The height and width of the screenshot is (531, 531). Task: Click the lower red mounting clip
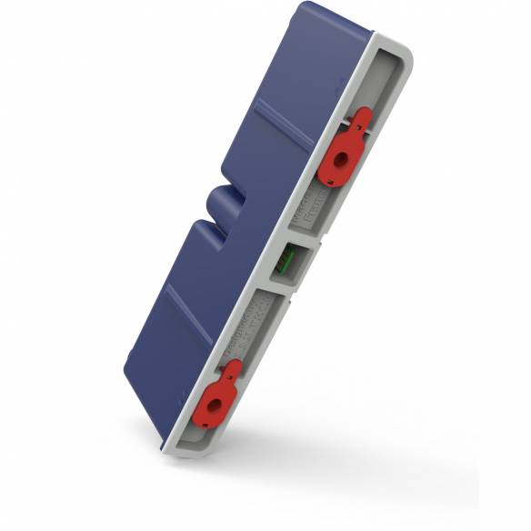219,401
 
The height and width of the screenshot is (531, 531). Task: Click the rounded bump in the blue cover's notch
219,202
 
